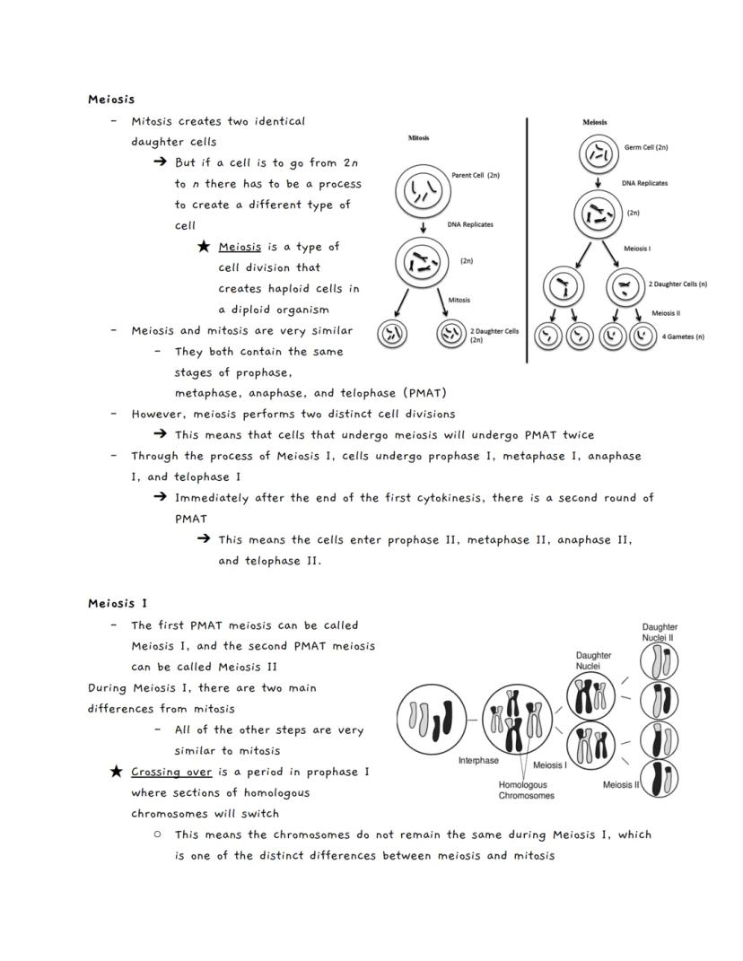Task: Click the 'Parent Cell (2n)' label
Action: click(475, 175)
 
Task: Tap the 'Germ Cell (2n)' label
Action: click(646, 147)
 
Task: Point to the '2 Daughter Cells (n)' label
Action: click(677, 284)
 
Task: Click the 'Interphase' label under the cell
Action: click(478, 761)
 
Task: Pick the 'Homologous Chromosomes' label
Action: click(526, 790)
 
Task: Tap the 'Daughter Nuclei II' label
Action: click(660, 632)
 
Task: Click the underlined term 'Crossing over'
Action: click(171, 772)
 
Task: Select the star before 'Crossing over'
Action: click(116, 772)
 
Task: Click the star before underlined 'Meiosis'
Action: click(204, 247)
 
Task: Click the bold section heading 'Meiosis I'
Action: click(111, 603)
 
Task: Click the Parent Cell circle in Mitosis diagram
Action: click(423, 191)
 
